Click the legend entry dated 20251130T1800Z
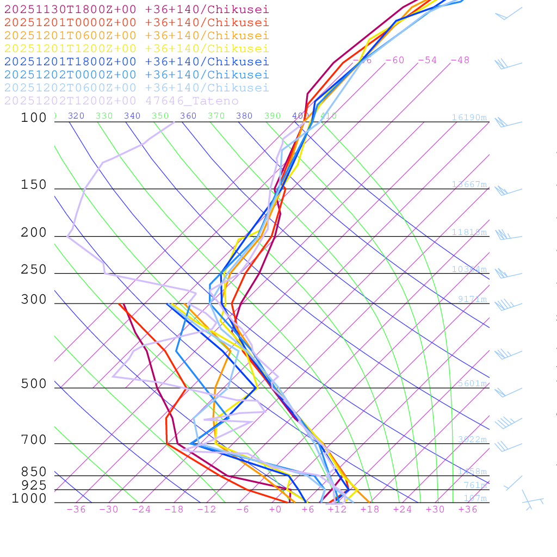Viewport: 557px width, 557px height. pyautogui.click(x=136, y=10)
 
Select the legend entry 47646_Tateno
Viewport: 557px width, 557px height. pyautogui.click(x=121, y=101)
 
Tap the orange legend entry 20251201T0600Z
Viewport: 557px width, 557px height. pyautogui.click(x=136, y=35)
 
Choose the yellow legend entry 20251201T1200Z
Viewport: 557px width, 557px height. pyautogui.click(x=136, y=48)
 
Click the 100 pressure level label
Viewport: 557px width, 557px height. pyautogui.click(x=34, y=117)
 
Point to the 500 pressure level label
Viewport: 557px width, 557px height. pyautogui.click(x=34, y=384)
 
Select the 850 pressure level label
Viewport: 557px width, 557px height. pyautogui.click(x=34, y=472)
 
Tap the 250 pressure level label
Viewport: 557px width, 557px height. pyautogui.click(x=34, y=270)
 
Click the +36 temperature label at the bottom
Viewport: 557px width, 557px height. pyautogui.click(x=468, y=509)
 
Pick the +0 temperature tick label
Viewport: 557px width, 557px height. pyautogui.click(x=275, y=509)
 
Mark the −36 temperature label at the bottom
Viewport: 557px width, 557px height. pyautogui.click(x=76, y=509)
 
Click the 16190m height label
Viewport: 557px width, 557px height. pyautogui.click(x=469, y=117)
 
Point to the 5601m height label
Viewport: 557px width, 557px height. pyautogui.click(x=472, y=383)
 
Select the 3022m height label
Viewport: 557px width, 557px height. pyautogui.click(x=472, y=440)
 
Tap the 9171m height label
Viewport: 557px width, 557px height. pyautogui.click(x=472, y=299)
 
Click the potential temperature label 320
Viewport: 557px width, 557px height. pyautogui.click(x=76, y=116)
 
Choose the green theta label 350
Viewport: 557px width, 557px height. pyautogui.click(x=160, y=116)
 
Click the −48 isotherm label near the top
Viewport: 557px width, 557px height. pyautogui.click(x=460, y=60)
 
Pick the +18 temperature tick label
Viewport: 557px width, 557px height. pyautogui.click(x=370, y=509)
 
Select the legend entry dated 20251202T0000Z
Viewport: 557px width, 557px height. pyautogui.click(x=136, y=75)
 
